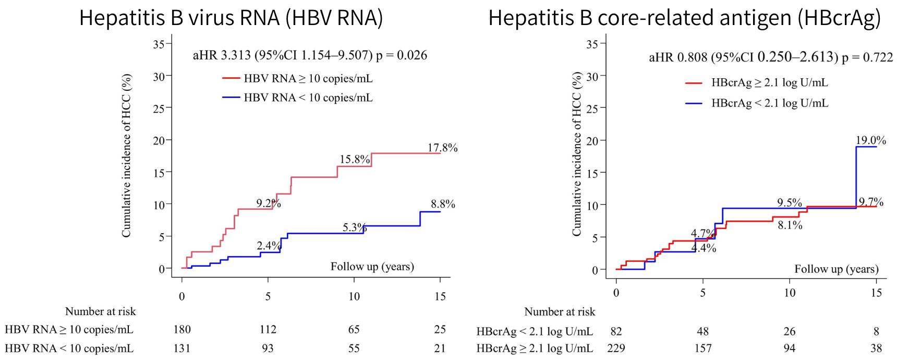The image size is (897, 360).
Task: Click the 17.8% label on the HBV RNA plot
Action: coord(442,148)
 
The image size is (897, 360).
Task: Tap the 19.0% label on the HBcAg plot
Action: coord(870,140)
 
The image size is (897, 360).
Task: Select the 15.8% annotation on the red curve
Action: coord(355,159)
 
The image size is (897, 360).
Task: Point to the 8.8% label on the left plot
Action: coord(443,204)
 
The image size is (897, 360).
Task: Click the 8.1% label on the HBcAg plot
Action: coord(790,225)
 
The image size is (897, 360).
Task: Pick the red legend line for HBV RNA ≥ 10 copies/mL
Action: coord(231,78)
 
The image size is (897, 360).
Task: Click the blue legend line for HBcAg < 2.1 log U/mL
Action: coord(694,103)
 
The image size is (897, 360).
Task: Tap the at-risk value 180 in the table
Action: coord(182,329)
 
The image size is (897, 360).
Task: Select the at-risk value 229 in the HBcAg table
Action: coord(616,348)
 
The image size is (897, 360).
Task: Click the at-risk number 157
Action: coord(702,348)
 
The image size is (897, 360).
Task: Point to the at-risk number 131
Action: coord(182,348)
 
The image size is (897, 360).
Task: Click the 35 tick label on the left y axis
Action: coord(159,44)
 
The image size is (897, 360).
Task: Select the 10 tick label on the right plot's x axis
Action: coord(790,293)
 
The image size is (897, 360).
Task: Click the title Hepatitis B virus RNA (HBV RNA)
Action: coord(231,18)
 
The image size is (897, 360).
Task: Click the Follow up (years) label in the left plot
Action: coord(372,267)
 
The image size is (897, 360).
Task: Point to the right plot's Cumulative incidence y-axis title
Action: coord(576,154)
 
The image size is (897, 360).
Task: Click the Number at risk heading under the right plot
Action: coord(560,311)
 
